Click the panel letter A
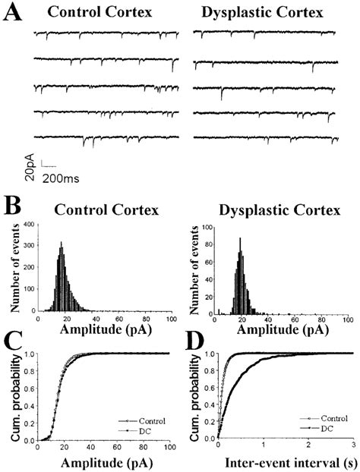(13, 15)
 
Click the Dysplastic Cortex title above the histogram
(278, 210)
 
